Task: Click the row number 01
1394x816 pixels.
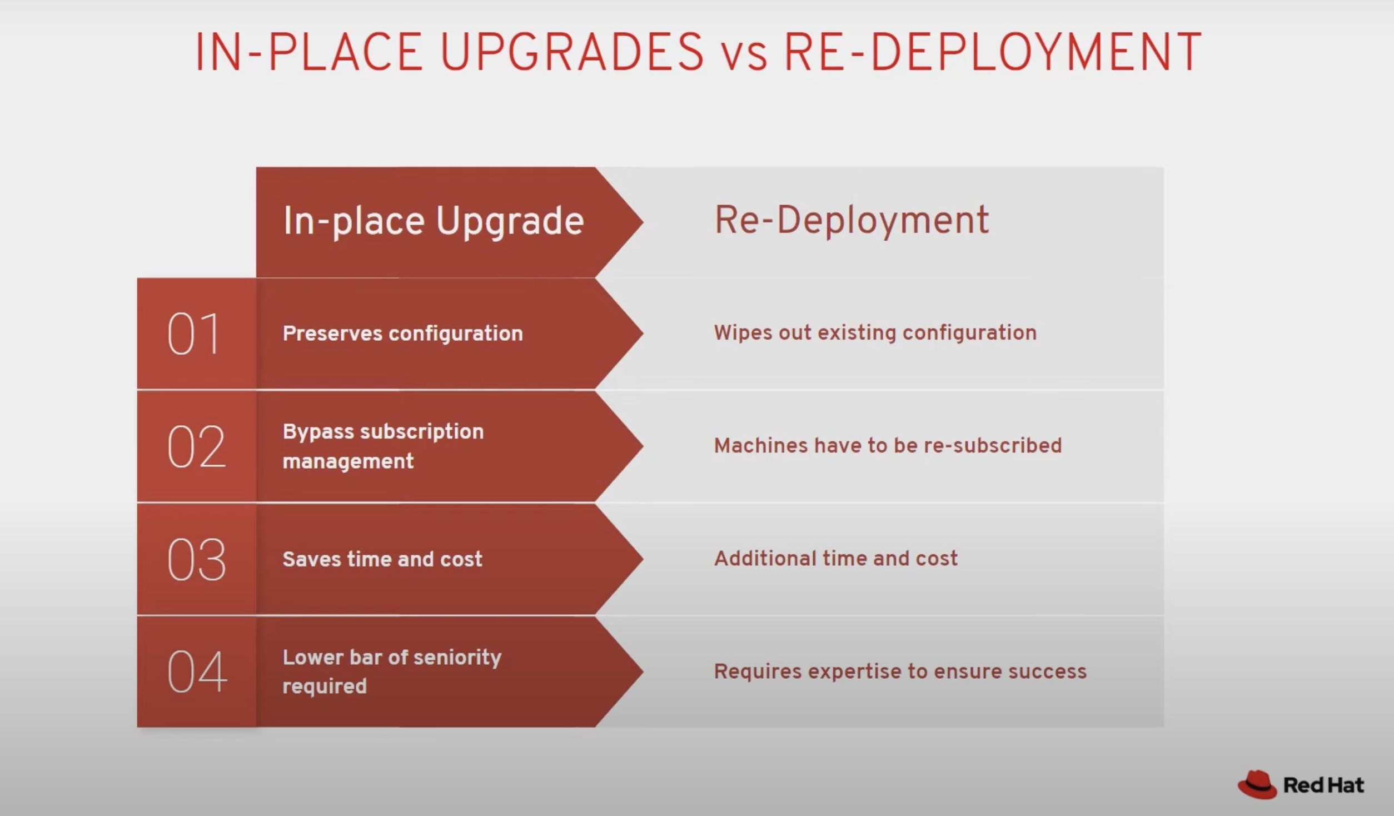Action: click(x=193, y=334)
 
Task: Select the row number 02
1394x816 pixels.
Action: click(x=196, y=446)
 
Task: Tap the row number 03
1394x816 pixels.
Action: click(x=196, y=559)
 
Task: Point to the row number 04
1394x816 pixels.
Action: click(x=197, y=671)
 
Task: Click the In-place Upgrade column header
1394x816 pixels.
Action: click(x=434, y=221)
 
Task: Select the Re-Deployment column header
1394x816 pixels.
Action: click(x=852, y=220)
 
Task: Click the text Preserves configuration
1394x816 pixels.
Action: click(x=403, y=334)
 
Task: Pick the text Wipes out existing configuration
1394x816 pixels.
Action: click(x=875, y=332)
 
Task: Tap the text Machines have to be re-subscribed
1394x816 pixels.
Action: click(x=888, y=445)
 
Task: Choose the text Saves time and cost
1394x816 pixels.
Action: click(x=382, y=559)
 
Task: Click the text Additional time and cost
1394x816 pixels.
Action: click(x=836, y=558)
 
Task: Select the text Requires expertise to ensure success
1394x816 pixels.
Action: click(x=900, y=671)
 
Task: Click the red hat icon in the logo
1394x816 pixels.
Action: click(x=1257, y=784)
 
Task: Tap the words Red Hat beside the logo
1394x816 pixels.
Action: click(x=1323, y=785)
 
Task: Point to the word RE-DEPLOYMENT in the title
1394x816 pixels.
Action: click(x=993, y=52)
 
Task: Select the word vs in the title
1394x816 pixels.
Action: click(x=745, y=56)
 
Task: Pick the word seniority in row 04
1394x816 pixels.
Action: click(x=457, y=658)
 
